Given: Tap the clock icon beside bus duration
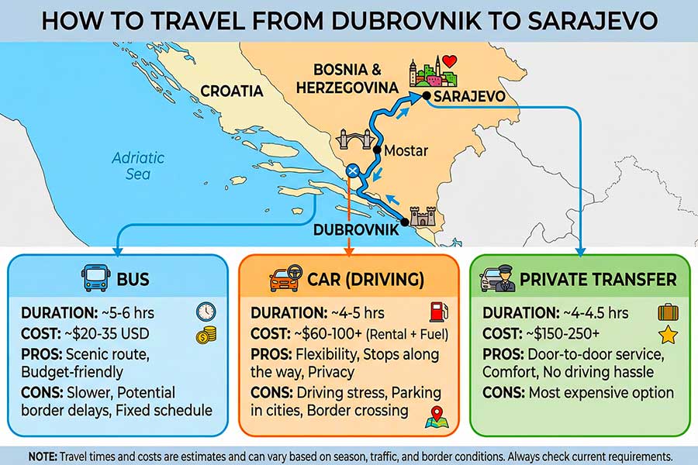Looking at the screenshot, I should pyautogui.click(x=206, y=312).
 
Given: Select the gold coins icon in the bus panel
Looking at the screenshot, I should pyautogui.click(x=206, y=335).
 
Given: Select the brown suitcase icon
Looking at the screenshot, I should pyautogui.click(x=668, y=312).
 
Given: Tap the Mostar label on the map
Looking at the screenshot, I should pyautogui.click(x=406, y=150).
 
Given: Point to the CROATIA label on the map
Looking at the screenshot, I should pyautogui.click(x=232, y=91).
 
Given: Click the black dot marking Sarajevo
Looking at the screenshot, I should pyautogui.click(x=426, y=96).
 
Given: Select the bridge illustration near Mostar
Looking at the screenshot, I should pyautogui.click(x=354, y=142).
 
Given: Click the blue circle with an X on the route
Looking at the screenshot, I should pyautogui.click(x=354, y=170).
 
